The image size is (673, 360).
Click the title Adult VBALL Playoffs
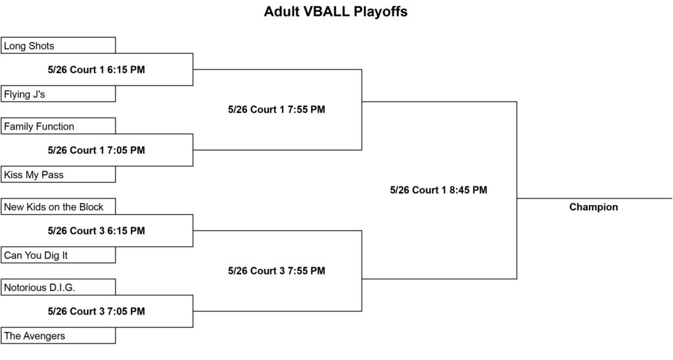pos(336,12)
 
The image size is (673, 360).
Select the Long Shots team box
pos(58,45)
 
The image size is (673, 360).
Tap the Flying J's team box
pos(58,94)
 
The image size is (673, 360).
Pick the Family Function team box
pos(58,126)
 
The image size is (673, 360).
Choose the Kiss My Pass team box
pos(58,175)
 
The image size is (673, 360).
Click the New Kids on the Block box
pos(58,207)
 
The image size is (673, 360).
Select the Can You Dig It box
pos(58,256)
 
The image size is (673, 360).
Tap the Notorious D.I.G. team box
pos(58,288)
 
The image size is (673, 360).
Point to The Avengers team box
pos(58,336)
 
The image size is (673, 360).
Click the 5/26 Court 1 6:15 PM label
pos(96,70)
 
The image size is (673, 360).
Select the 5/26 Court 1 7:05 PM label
pos(96,150)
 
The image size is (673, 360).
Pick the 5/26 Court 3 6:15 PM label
pos(96,231)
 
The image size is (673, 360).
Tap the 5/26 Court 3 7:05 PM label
pos(96,311)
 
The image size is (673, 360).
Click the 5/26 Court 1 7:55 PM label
pos(277,110)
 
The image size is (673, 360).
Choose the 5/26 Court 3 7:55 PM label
pos(277,271)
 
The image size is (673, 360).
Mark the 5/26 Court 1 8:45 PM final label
pos(438,190)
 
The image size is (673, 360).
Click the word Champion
pos(593,207)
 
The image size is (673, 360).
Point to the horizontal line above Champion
pos(594,198)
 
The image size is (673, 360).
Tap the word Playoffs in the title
pos(381,12)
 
